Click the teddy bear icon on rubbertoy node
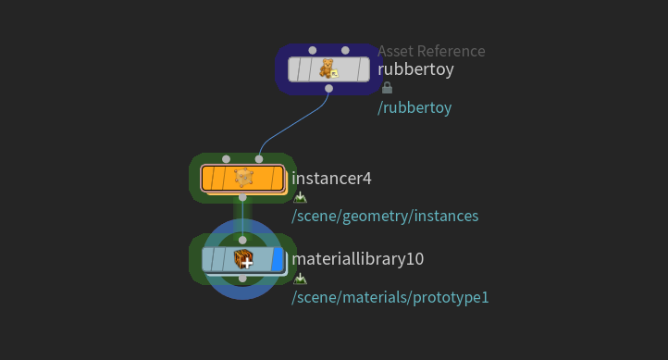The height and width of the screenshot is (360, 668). pos(328,69)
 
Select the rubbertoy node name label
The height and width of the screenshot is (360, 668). pos(415,69)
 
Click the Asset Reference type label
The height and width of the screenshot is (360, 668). pos(431,51)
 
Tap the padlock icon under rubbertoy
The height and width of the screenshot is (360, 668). pos(387,88)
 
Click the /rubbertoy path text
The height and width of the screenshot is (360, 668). pos(414,107)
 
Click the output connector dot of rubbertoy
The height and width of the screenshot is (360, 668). pos(328,89)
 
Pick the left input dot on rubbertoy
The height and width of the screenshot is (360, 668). pos(313,50)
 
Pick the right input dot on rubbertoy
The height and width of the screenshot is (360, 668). pos(345,50)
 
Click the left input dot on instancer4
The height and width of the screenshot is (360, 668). pos(227,159)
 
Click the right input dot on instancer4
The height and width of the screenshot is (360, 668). pos(259,159)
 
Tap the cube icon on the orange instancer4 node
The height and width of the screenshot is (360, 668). pos(243,178)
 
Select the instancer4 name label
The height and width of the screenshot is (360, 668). pos(331,178)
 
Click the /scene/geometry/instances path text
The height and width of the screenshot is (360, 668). pos(385,216)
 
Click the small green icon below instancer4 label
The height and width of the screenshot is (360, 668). pos(300,197)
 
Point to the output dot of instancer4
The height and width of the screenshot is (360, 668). pos(242,197)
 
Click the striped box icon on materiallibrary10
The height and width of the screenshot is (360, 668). pos(244,259)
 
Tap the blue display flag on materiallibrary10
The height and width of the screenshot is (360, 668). pos(278,259)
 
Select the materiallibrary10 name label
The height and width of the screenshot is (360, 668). pos(358,259)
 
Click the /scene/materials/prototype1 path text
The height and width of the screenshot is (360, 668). pos(390,297)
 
